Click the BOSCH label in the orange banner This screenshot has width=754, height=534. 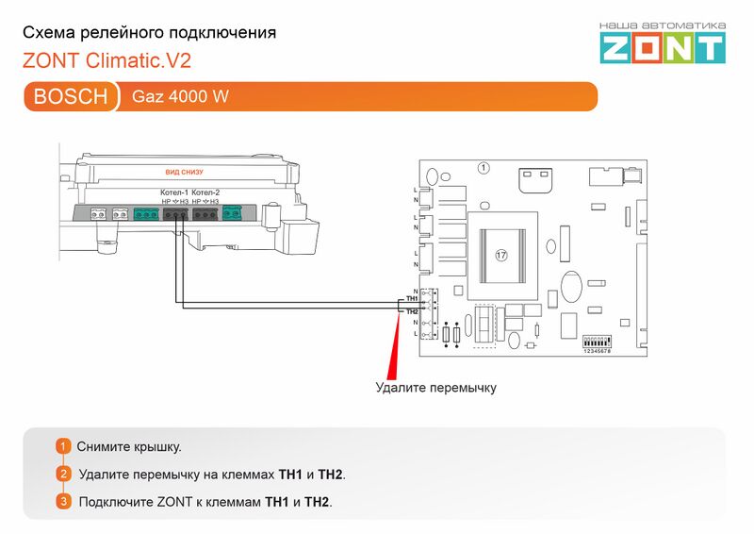(x=71, y=97)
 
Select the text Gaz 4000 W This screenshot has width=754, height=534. (x=180, y=97)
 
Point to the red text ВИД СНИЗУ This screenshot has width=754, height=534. (x=184, y=172)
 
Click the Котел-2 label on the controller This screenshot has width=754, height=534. (x=205, y=192)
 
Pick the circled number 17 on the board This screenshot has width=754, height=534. (x=500, y=255)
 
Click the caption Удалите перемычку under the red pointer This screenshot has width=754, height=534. (x=435, y=387)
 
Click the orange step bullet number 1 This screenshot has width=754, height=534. (x=63, y=446)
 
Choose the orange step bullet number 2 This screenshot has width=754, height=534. (x=63, y=474)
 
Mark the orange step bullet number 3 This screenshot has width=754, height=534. (x=63, y=501)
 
